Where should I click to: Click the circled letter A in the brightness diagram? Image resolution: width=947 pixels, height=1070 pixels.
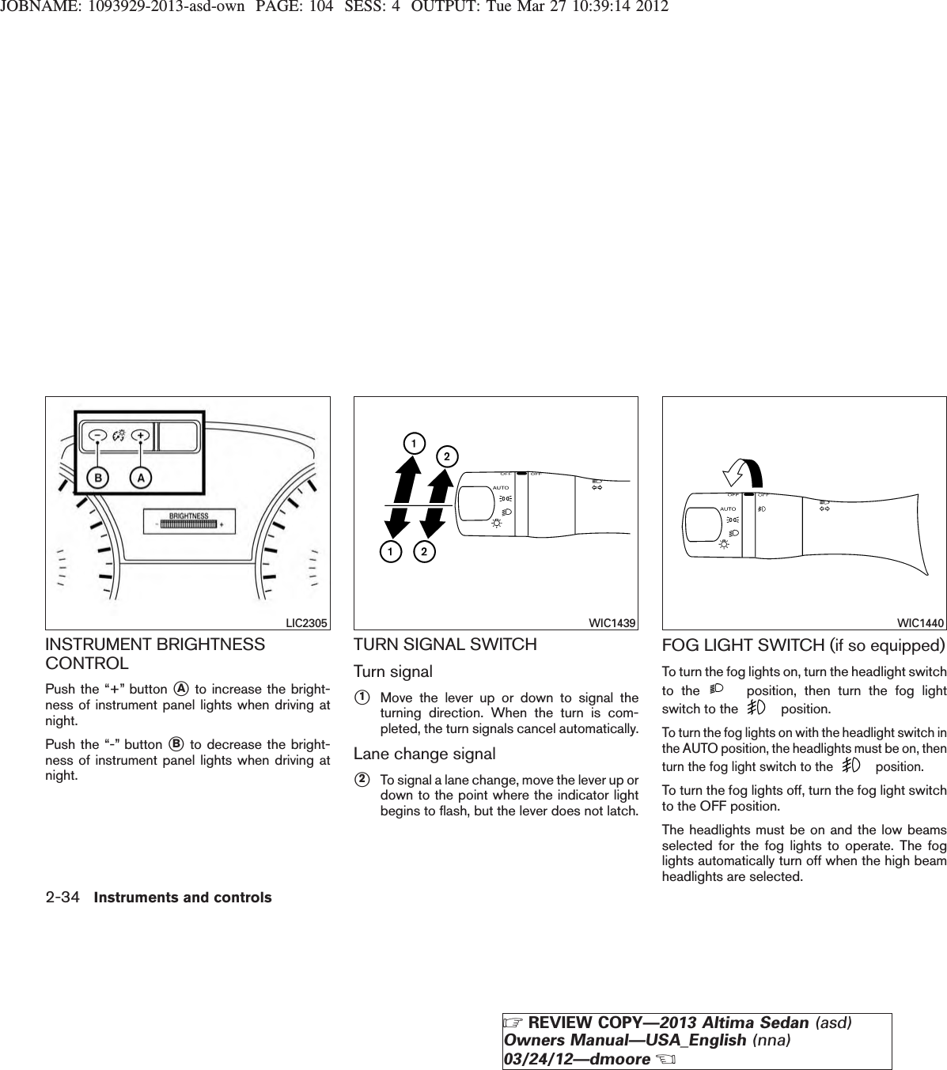(139, 479)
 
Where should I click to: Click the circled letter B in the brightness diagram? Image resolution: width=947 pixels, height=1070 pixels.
(97, 479)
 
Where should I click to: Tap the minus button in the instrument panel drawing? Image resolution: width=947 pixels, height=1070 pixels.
(97, 435)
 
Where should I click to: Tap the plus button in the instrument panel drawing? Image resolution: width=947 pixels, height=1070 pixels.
(140, 435)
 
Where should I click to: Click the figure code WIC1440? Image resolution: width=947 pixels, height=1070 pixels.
(922, 623)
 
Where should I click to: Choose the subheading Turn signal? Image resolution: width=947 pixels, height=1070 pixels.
(392, 671)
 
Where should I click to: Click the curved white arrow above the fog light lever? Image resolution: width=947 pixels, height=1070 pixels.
(743, 471)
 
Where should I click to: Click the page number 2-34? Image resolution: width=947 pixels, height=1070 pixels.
(63, 875)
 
